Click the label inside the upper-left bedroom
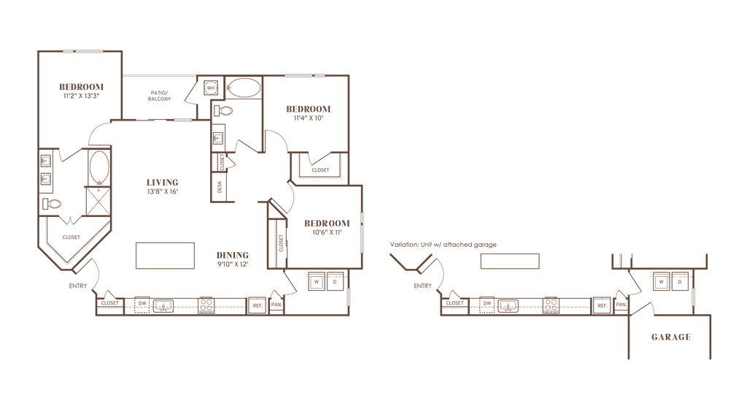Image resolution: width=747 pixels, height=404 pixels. coord(81,90)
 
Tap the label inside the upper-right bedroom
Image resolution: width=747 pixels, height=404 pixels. coord(308,113)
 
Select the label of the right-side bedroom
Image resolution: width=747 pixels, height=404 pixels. coord(326,227)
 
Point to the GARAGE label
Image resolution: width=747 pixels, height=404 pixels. coord(670,337)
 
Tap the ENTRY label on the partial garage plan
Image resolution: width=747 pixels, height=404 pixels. coord(422,286)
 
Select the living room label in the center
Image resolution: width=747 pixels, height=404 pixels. coord(162,187)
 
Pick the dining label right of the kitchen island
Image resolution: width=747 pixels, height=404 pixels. coord(233,258)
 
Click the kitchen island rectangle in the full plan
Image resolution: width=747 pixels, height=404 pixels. coord(165,256)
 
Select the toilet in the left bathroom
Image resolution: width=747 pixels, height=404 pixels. coord(53,204)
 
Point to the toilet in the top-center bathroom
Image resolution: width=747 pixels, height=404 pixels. coord(224,112)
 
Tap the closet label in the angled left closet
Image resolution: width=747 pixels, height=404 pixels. coord(70,237)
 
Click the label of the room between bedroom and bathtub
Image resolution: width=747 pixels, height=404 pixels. coord(158,96)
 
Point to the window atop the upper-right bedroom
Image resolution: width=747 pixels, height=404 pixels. coord(304,75)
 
